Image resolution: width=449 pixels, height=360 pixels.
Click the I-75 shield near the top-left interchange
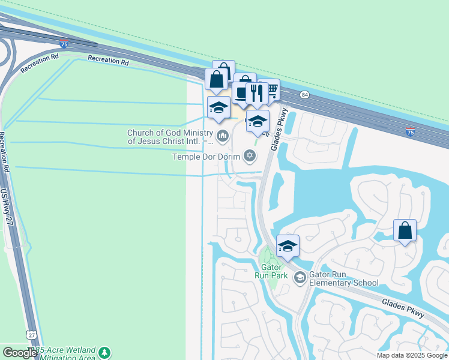(64, 44)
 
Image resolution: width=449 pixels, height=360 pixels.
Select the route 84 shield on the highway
(305, 95)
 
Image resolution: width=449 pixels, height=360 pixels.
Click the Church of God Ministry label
(170, 137)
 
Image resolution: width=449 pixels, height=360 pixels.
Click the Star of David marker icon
(249, 157)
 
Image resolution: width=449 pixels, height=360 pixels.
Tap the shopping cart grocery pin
(271, 91)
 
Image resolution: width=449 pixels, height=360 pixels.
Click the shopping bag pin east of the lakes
(405, 230)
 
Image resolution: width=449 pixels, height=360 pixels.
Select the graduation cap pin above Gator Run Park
(288, 245)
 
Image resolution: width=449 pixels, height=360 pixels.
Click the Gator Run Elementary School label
(344, 279)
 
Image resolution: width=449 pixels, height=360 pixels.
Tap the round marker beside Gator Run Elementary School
(300, 277)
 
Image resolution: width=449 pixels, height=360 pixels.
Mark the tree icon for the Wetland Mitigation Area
(105, 352)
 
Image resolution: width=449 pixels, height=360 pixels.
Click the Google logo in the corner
(20, 353)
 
